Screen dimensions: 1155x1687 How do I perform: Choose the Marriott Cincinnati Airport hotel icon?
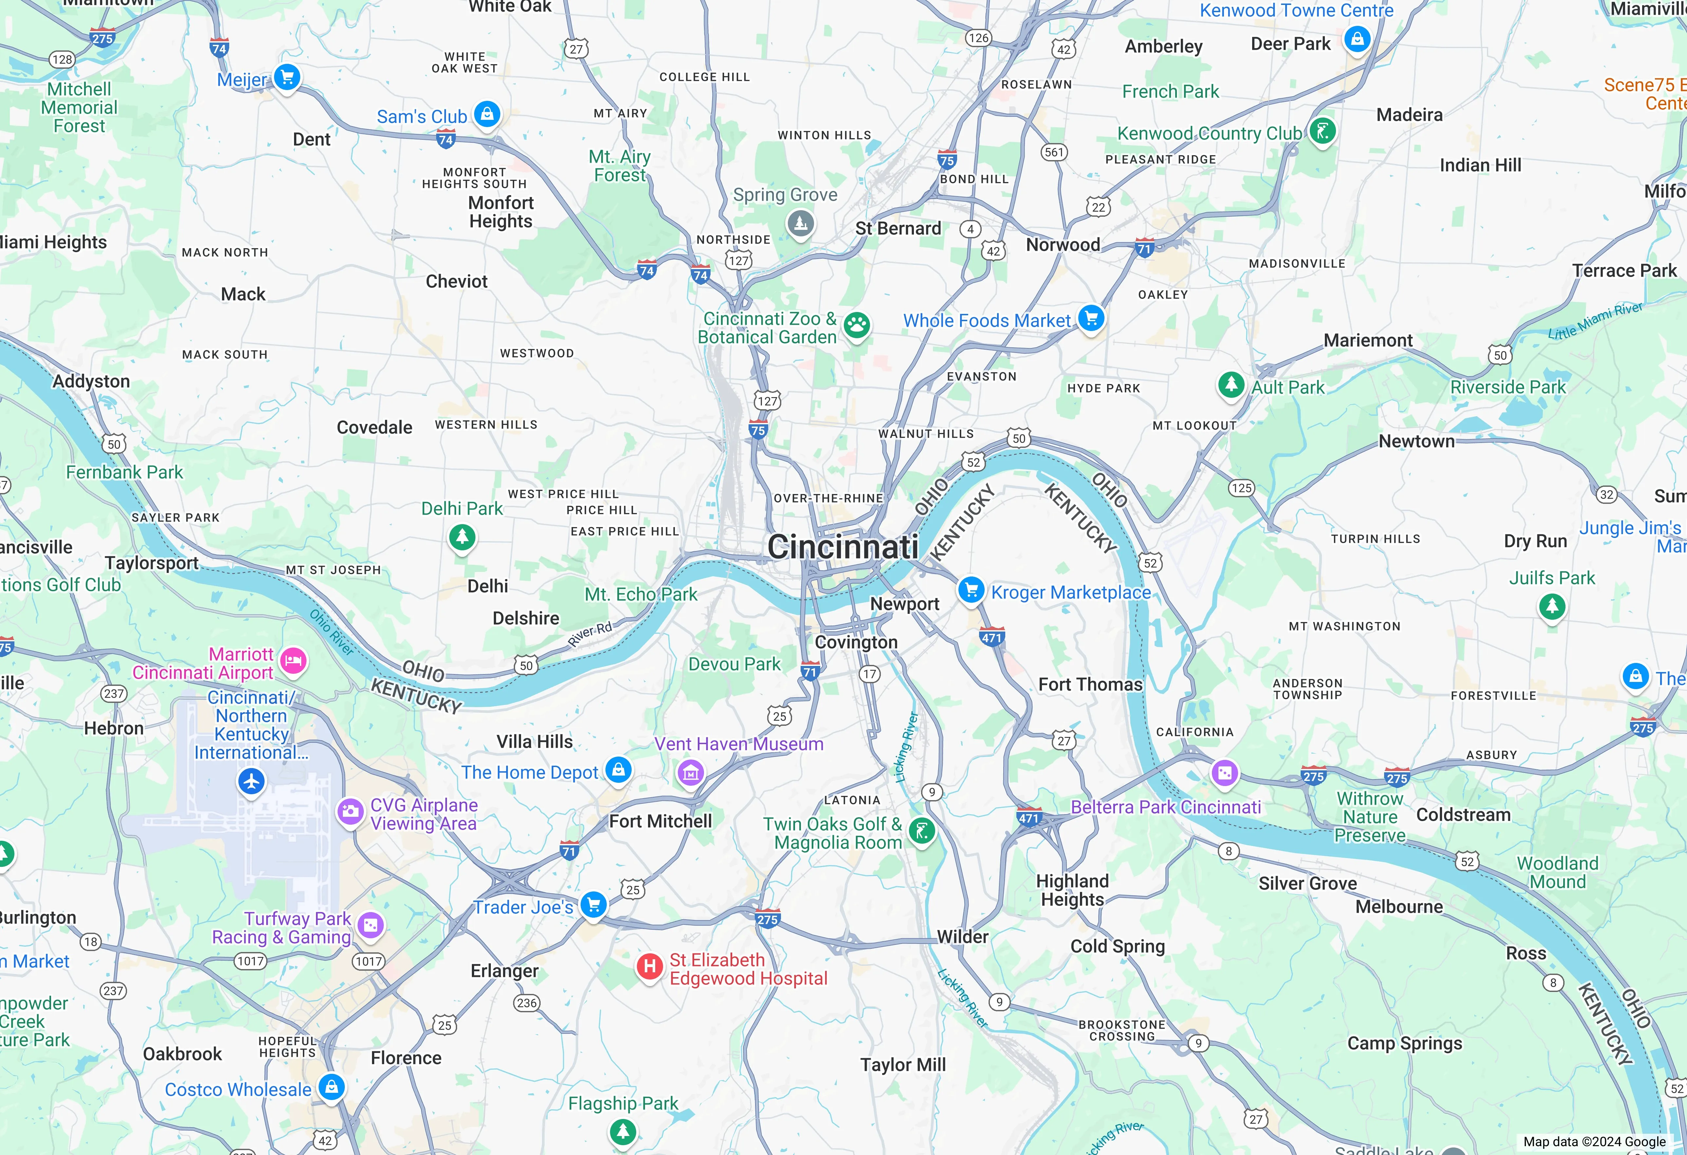pos(293,661)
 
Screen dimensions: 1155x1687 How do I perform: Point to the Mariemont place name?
pos(1368,340)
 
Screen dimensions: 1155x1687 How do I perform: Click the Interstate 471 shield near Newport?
pos(992,637)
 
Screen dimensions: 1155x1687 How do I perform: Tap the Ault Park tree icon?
pos(1231,383)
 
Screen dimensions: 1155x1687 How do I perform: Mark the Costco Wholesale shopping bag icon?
pos(332,1087)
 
